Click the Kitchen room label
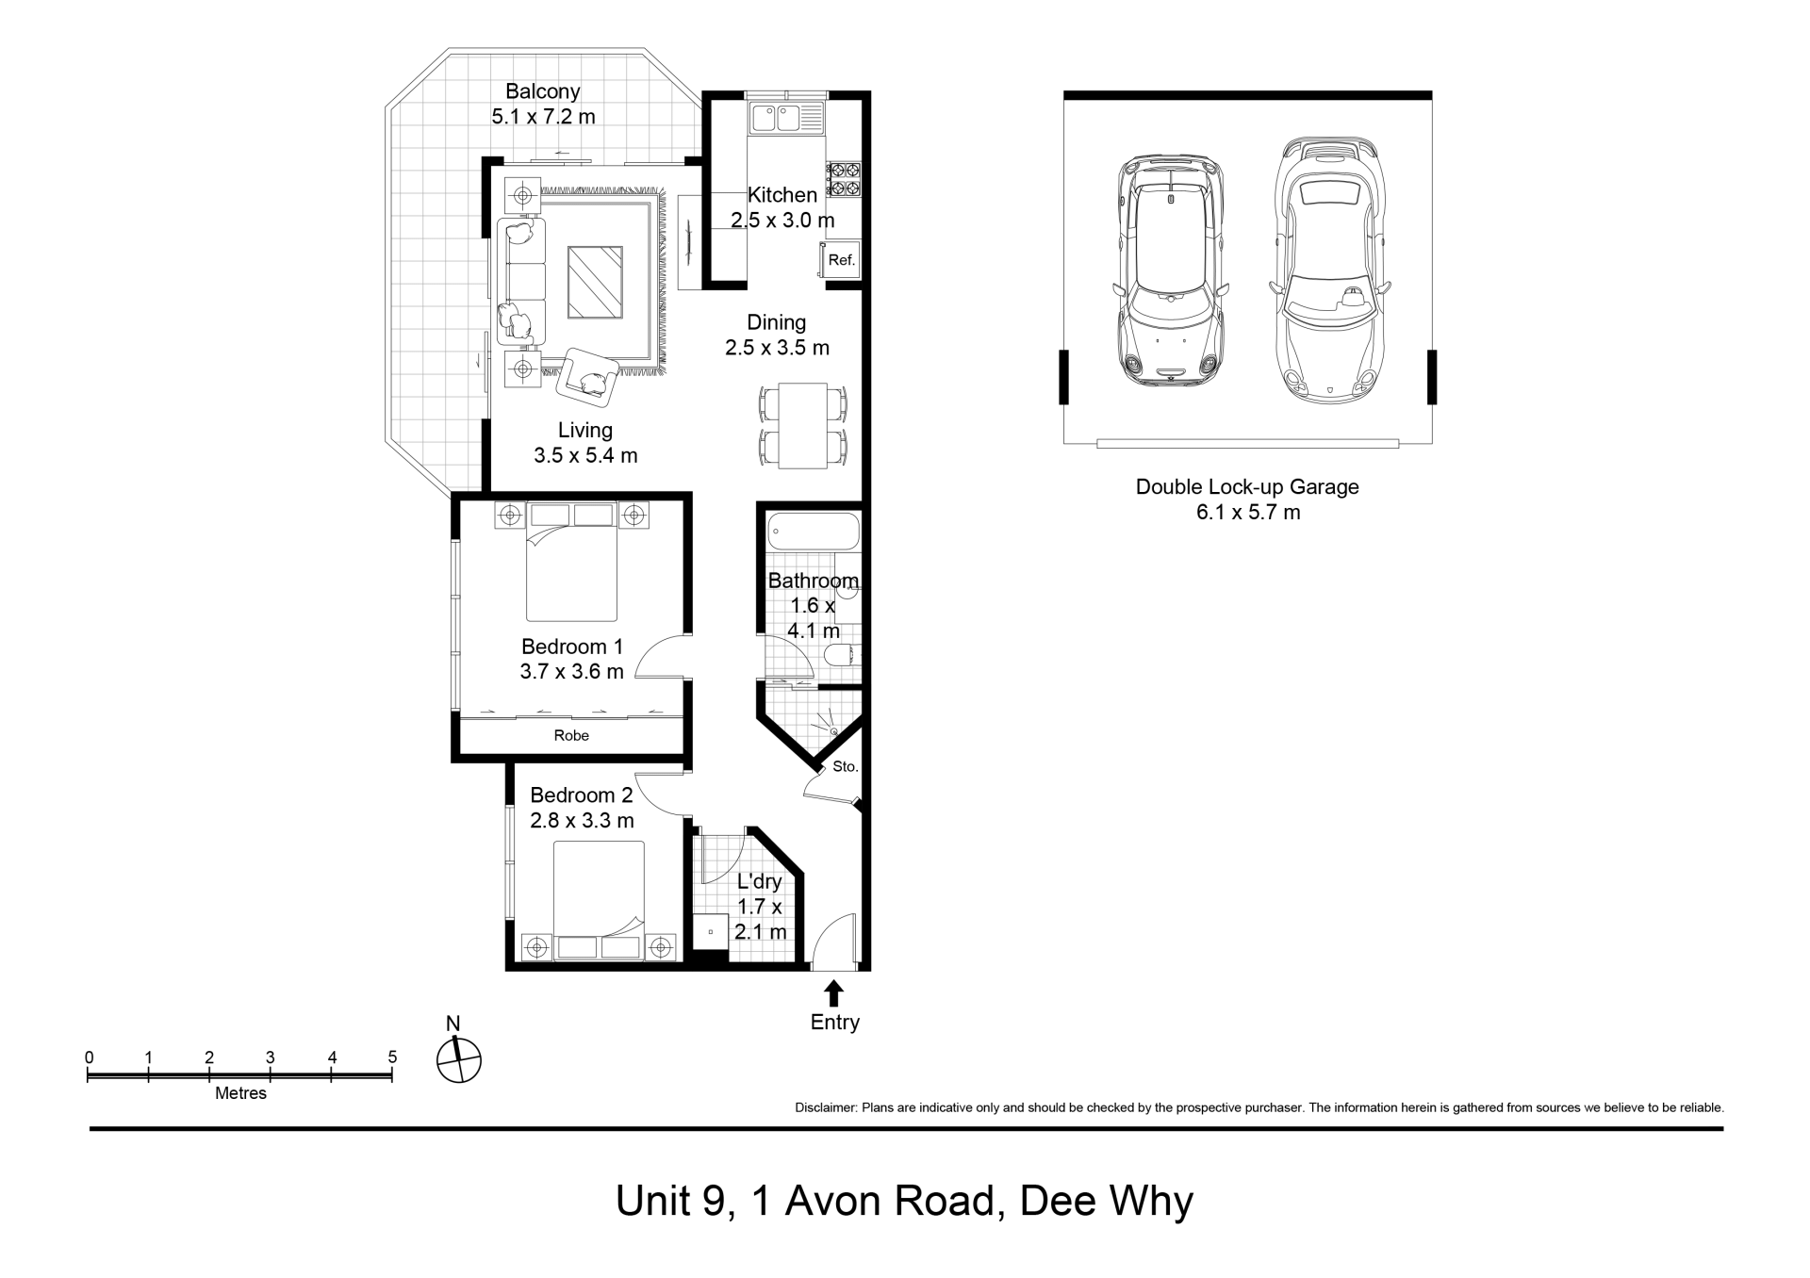tap(782, 195)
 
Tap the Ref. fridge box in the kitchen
tap(841, 260)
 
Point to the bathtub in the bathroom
tap(814, 532)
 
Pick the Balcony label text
tap(543, 91)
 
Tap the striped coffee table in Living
tap(595, 282)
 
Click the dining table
tap(803, 425)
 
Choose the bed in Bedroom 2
tap(599, 900)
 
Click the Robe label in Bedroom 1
tap(571, 735)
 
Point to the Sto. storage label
tap(846, 766)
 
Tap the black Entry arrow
tap(834, 993)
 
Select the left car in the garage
tap(1170, 270)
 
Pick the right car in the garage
tap(1329, 270)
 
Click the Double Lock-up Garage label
tap(1247, 487)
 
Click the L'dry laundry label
tap(760, 882)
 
